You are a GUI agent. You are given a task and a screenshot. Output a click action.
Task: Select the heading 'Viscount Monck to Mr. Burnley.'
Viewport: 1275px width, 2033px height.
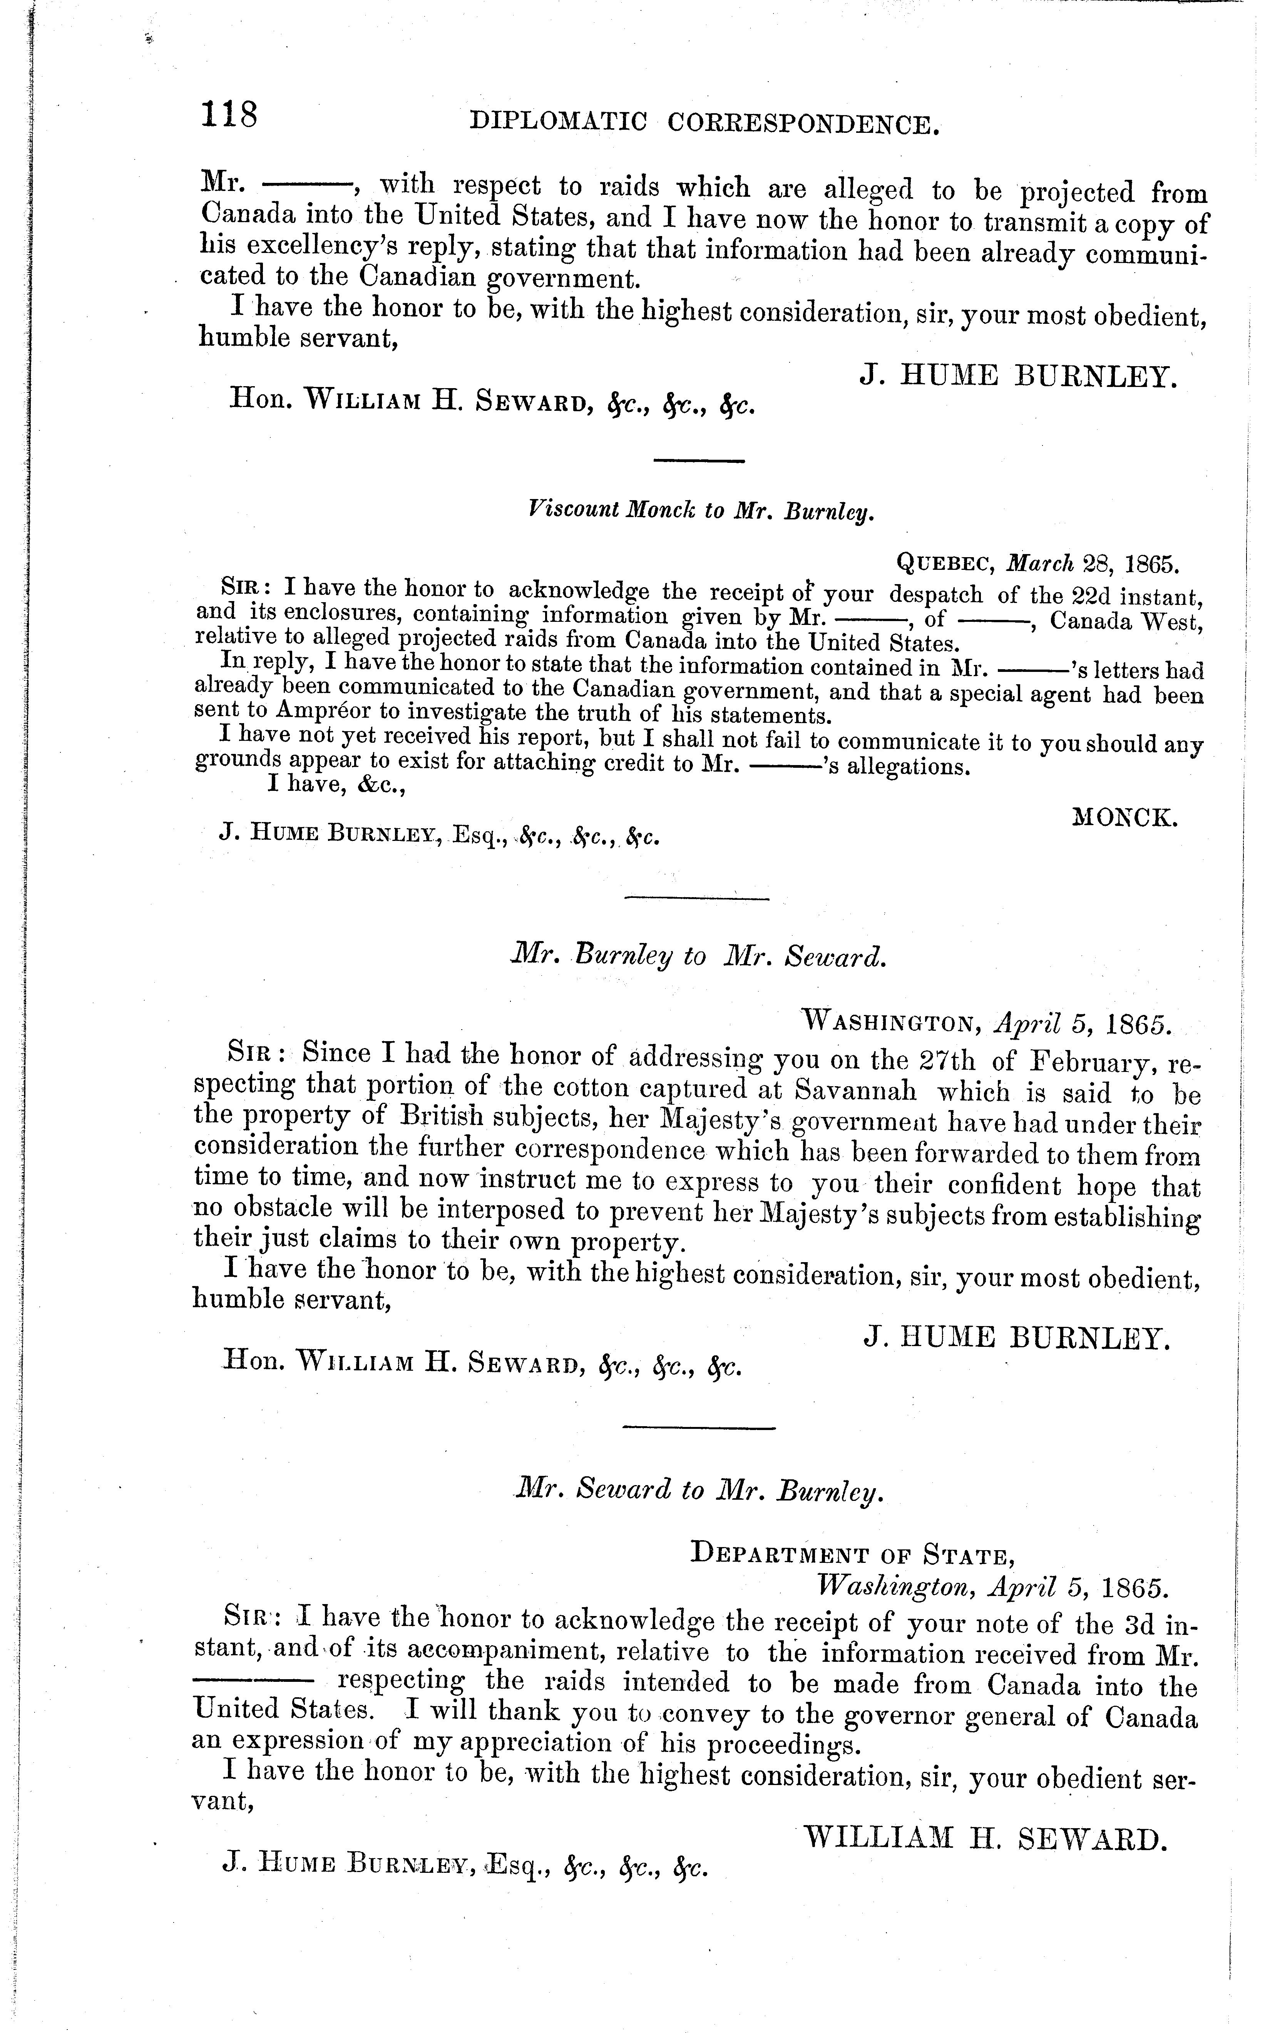[x=700, y=510]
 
